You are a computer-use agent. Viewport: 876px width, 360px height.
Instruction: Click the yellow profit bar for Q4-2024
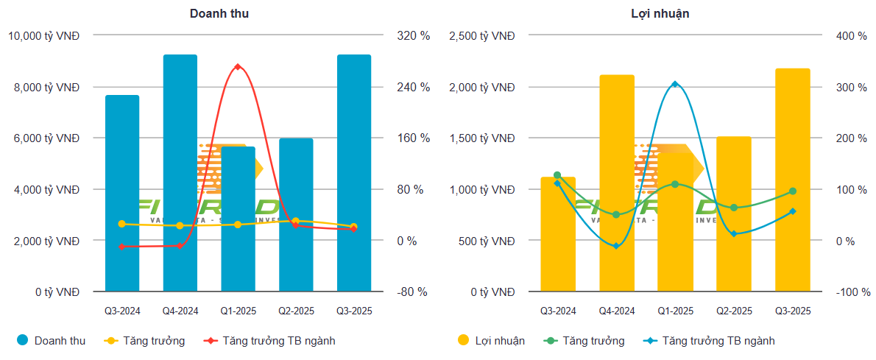coord(617,183)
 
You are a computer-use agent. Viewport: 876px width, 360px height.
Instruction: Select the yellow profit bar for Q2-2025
coord(733,214)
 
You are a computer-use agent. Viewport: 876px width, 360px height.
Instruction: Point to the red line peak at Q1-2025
coord(238,67)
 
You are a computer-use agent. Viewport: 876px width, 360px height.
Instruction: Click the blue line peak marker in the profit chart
coord(675,84)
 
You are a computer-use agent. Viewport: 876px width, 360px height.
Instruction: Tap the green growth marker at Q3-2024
coord(557,175)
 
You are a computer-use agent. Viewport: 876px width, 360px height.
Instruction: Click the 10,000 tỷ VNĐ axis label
coord(43,35)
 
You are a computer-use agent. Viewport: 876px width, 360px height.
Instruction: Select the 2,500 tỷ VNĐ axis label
coord(482,35)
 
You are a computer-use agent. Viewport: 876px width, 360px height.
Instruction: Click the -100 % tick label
coord(852,292)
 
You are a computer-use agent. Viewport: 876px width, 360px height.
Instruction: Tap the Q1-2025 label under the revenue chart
coord(238,311)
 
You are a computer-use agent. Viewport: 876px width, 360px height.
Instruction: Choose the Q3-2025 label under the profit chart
coord(792,311)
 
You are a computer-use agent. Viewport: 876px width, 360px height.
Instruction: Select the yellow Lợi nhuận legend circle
coord(463,340)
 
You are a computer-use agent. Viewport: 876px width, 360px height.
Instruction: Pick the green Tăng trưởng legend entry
coord(584,341)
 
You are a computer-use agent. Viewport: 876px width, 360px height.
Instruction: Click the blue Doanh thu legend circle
coord(23,340)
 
